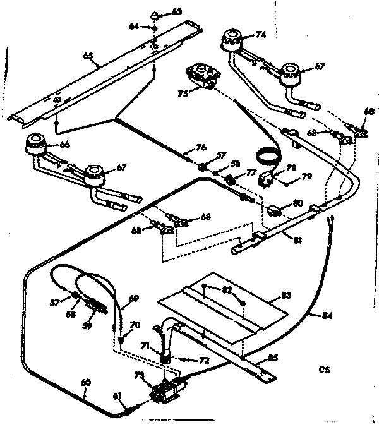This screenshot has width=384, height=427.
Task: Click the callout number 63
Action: (159, 12)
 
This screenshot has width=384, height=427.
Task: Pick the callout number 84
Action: (326, 316)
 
